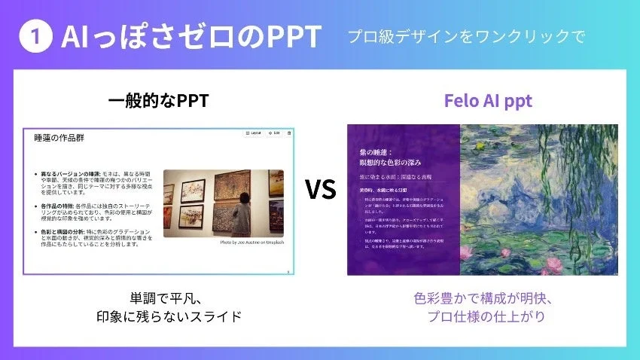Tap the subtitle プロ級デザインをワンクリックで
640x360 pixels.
pos(466,37)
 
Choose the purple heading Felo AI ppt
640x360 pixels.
pos(488,101)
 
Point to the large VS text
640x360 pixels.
pos(320,190)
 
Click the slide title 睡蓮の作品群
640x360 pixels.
pos(59,139)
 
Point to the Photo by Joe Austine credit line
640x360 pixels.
pos(251,243)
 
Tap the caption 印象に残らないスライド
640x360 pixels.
pos(169,316)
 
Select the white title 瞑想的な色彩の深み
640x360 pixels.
pos(391,162)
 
